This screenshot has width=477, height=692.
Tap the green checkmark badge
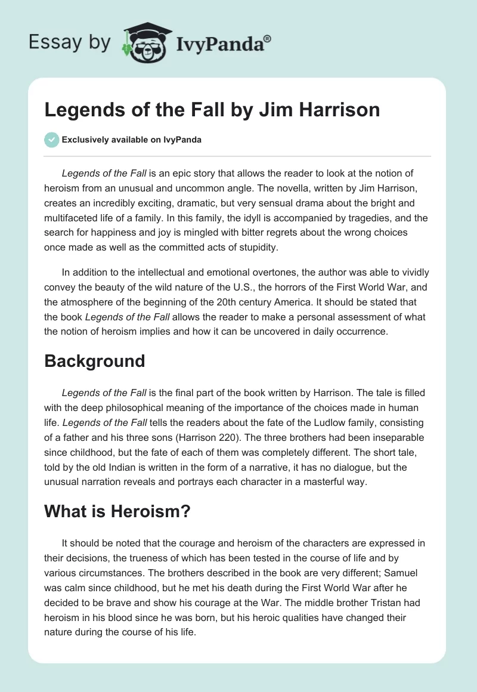[x=51, y=140]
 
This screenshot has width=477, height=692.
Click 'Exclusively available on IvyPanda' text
[x=132, y=140]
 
